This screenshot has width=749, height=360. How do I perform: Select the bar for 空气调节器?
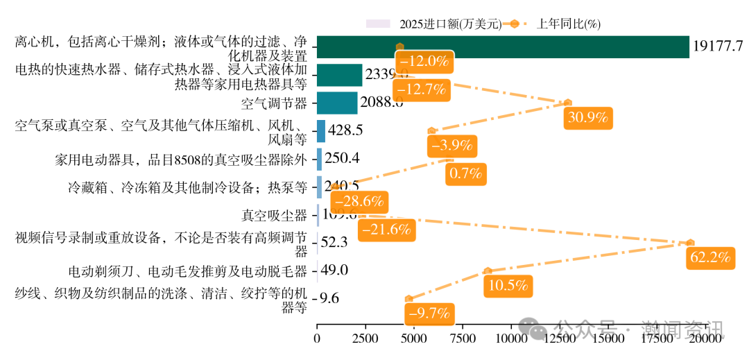coord(337,103)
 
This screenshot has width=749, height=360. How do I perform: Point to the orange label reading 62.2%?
coord(709,258)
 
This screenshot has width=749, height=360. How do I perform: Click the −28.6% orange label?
coord(358,202)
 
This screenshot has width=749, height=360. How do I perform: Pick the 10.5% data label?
coord(509,285)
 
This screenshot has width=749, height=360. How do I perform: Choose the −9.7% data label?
coord(430,313)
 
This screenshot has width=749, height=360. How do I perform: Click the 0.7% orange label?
coord(465,174)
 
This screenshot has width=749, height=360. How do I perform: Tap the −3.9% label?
coord(451,146)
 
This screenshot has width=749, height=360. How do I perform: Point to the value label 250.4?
coord(342,158)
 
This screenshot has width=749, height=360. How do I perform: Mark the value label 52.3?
coord(335,243)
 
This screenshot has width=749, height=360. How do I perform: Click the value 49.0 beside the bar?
coord(335,271)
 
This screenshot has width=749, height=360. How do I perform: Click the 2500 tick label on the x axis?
coord(365,339)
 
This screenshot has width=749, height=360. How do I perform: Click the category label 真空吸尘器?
coord(274,215)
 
